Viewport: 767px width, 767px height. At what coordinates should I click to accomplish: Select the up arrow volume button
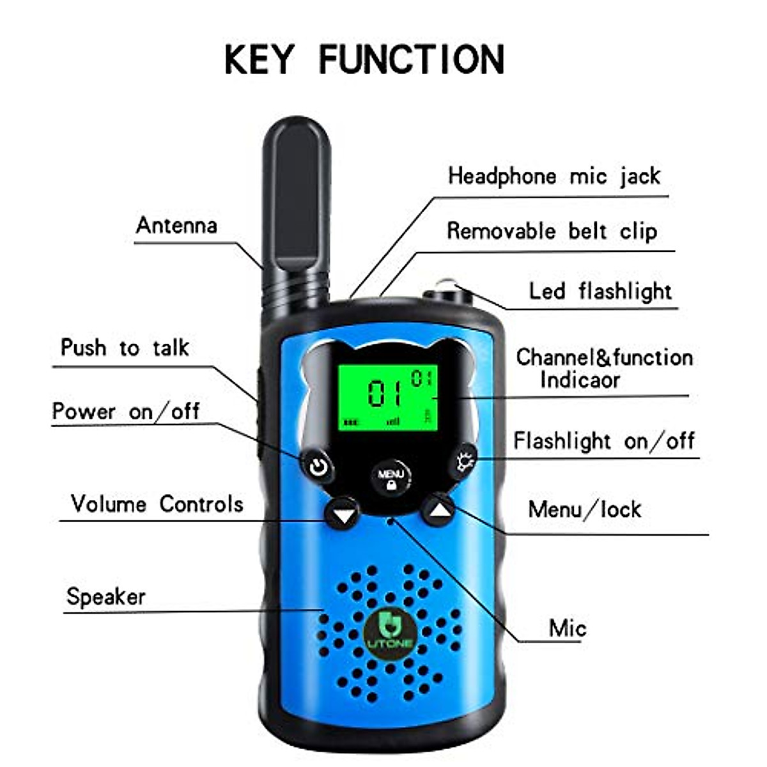click(438, 511)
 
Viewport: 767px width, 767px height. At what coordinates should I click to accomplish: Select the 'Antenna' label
click(176, 226)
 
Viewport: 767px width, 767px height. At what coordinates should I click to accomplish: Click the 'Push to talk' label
click(125, 348)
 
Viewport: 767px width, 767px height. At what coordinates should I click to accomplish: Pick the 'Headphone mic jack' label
click(554, 176)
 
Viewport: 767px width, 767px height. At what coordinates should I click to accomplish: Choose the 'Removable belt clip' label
click(552, 231)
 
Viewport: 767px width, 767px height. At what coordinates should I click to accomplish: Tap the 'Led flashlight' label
click(600, 291)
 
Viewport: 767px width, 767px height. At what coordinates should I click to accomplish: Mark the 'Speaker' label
click(106, 597)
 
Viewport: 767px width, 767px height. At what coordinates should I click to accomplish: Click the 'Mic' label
click(567, 628)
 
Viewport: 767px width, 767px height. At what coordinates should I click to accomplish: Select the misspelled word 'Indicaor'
click(580, 380)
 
